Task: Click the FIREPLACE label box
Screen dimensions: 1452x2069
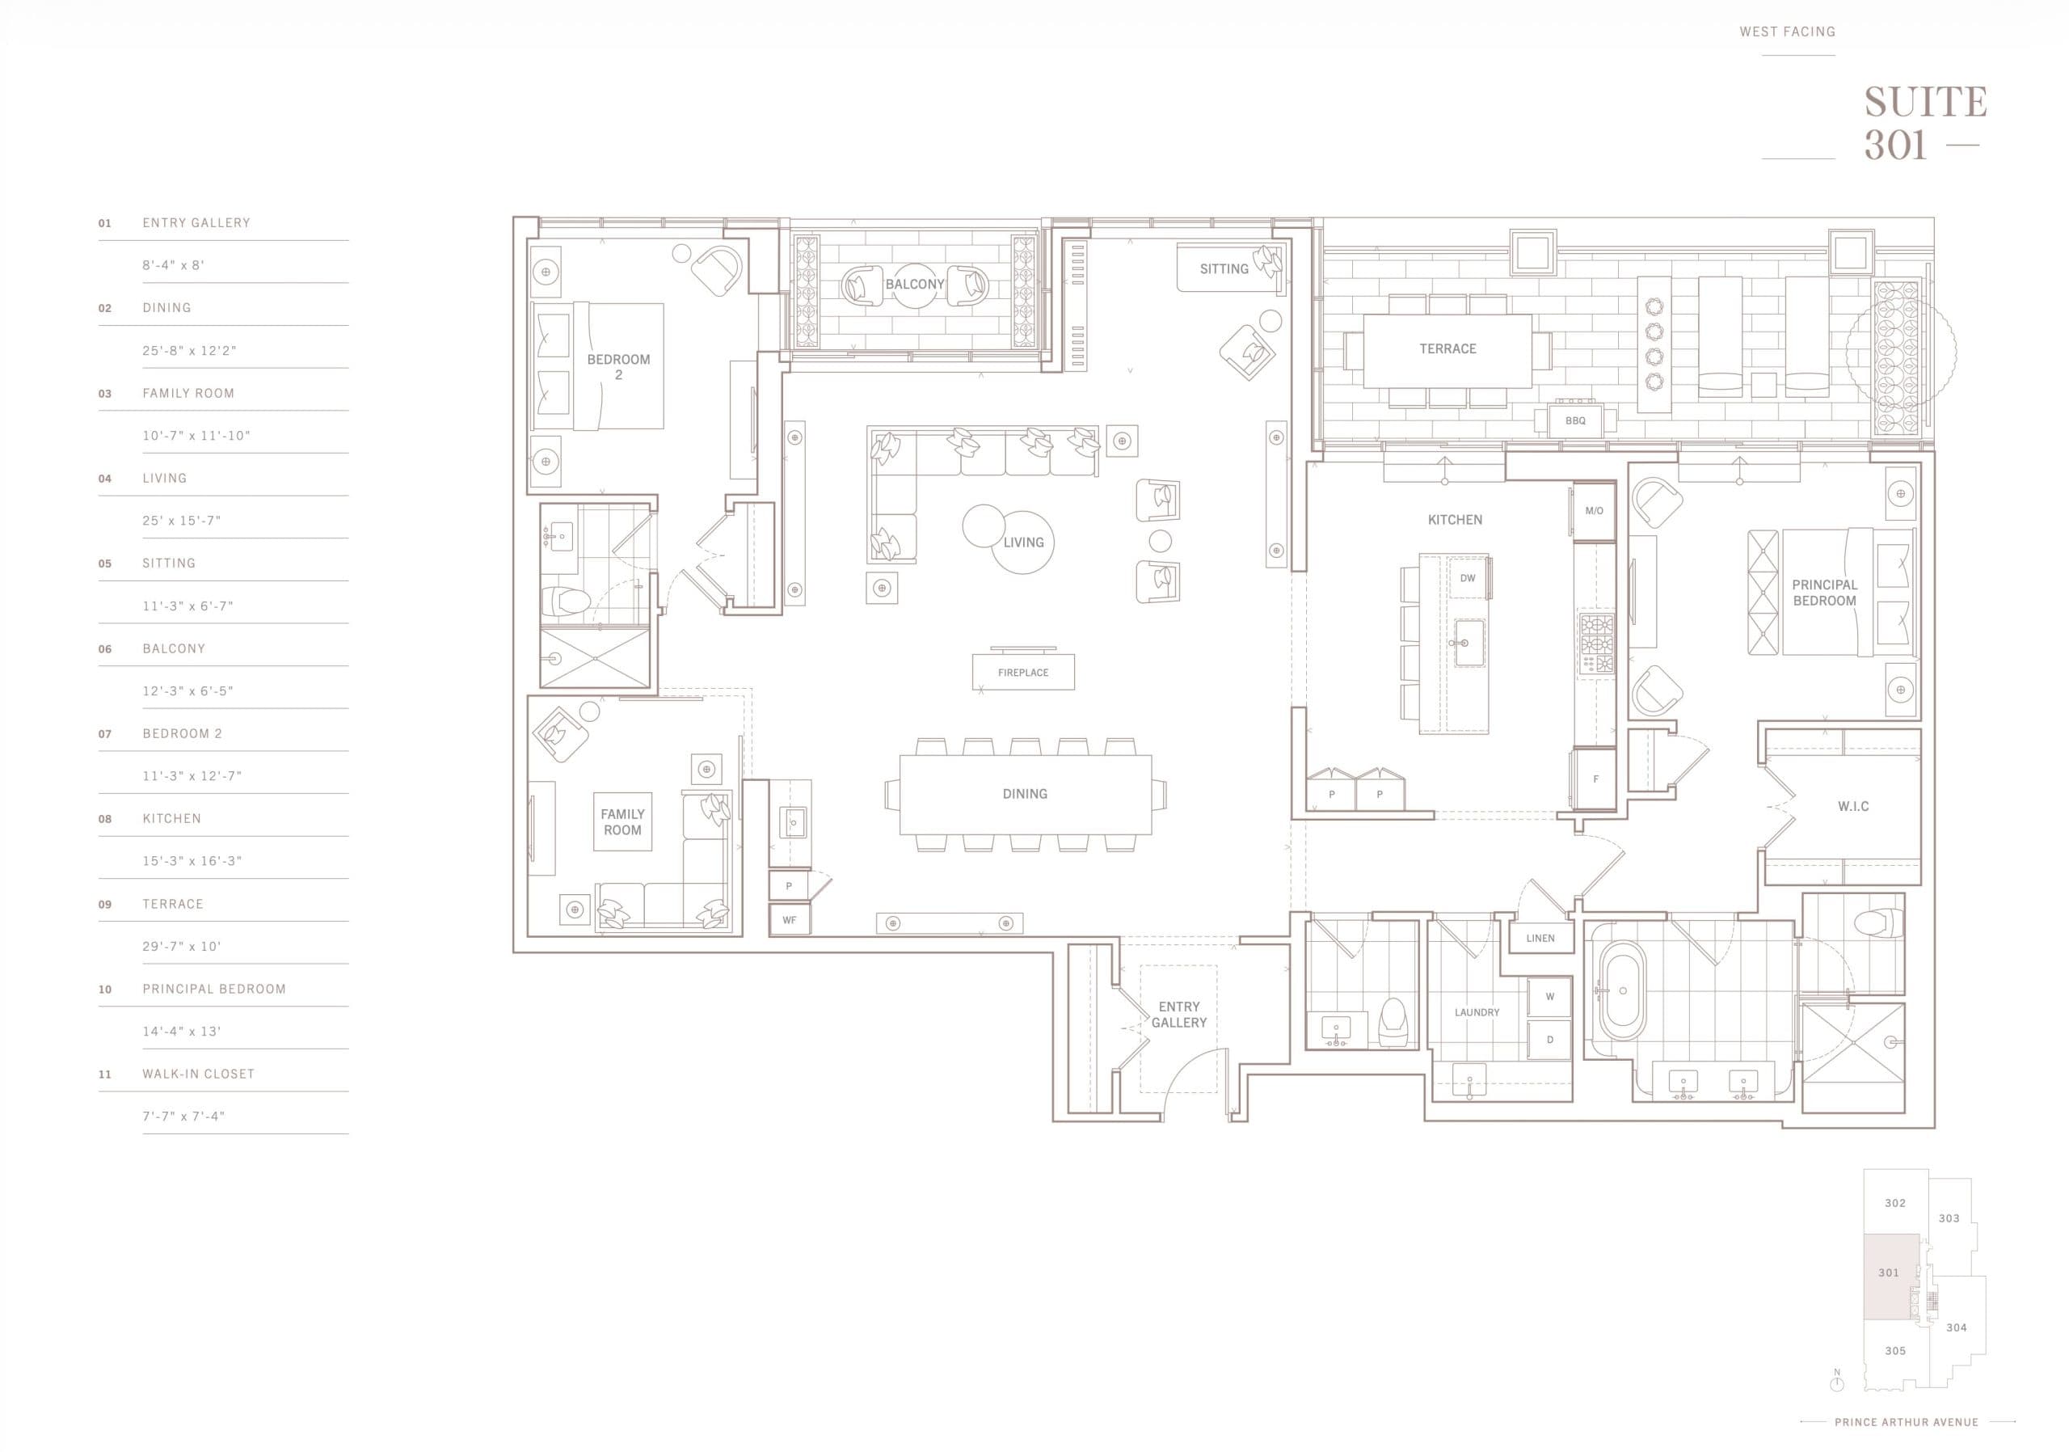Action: pos(1023,673)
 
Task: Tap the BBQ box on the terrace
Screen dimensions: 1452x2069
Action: pos(1575,421)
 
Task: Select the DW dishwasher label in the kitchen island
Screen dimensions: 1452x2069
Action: pos(1468,579)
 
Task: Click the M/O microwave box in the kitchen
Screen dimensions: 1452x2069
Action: pos(1594,511)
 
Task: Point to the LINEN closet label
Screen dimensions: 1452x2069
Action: pos(1540,939)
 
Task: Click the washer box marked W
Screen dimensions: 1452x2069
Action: pos(1550,997)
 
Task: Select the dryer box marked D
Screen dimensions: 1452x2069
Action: pos(1550,1039)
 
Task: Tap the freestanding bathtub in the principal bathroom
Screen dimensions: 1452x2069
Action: pos(1622,990)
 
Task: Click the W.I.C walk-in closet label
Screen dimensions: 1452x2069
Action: pos(1852,807)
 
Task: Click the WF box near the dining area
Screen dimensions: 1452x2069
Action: pos(790,920)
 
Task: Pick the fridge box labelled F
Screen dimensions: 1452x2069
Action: pos(1595,779)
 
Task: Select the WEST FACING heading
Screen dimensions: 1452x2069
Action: pos(1787,32)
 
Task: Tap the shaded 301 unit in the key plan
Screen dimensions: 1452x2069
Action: pos(1889,1273)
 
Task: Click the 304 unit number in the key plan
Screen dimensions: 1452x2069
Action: pos(1956,1327)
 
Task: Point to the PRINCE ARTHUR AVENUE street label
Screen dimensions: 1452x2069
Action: pos(1906,1422)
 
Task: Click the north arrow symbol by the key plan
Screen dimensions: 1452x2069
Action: pos(1836,1382)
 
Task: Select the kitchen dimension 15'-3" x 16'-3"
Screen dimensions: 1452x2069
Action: pos(192,861)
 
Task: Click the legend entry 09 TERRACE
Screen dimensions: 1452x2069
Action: pos(172,904)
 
